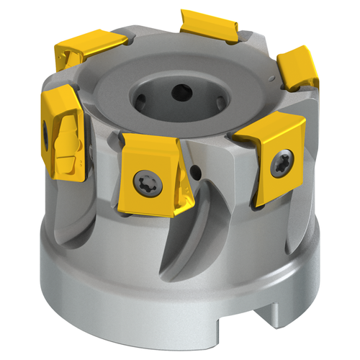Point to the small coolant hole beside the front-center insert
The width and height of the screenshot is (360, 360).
[197, 172]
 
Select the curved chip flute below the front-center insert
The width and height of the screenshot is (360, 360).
[187, 238]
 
